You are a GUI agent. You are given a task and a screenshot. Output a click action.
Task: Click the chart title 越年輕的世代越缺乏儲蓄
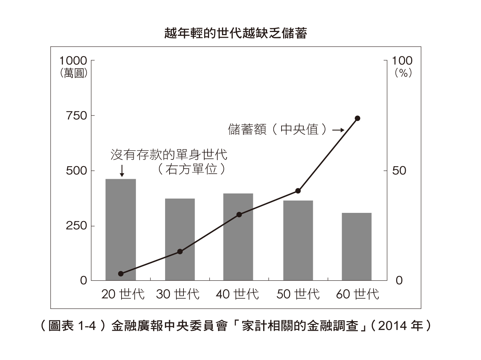[236, 33]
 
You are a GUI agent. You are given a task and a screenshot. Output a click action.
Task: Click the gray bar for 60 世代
[356, 247]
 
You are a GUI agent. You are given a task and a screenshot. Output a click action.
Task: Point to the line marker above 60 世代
[357, 118]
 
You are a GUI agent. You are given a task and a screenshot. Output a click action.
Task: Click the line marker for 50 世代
[298, 191]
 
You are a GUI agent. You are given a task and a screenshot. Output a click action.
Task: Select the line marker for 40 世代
[239, 215]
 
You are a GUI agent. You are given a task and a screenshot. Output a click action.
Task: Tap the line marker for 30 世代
[180, 252]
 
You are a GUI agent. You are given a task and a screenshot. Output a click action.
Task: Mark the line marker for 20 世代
[121, 273]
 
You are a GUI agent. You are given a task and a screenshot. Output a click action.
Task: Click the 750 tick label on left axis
[77, 116]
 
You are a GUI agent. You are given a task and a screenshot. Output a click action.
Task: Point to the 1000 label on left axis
[73, 61]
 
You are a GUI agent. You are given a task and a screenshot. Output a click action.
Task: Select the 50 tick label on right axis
[399, 171]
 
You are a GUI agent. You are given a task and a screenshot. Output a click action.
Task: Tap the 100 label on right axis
[402, 61]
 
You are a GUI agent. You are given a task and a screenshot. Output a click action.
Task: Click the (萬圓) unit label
[74, 73]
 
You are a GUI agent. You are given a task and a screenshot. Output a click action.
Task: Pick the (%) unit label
[403, 73]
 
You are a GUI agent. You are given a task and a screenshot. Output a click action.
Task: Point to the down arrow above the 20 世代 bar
[122, 171]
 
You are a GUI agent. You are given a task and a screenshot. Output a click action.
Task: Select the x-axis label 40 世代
[237, 294]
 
